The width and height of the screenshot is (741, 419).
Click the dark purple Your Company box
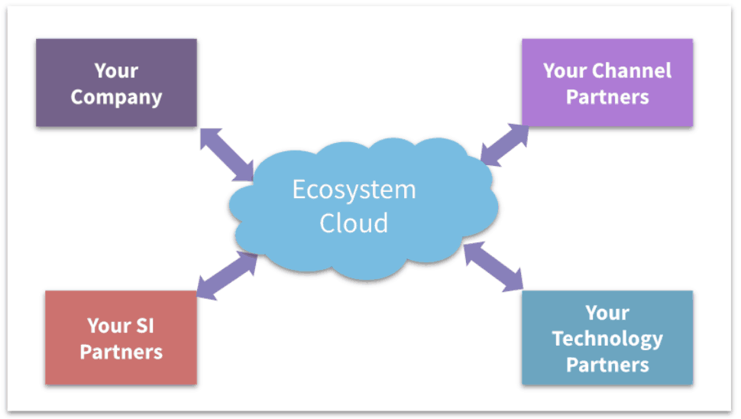point(116,83)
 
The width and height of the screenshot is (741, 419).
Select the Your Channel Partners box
point(607,83)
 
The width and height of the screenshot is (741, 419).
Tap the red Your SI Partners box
point(121,337)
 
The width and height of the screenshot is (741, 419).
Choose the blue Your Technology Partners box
point(607,337)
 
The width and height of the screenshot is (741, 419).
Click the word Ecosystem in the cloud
point(354,190)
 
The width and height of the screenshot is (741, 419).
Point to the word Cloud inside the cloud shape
point(354,223)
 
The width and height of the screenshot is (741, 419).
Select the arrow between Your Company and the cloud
point(227,155)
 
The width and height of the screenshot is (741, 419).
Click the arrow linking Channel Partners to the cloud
point(505,145)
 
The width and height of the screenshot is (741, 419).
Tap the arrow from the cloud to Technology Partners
point(493,267)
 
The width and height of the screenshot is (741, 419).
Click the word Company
point(116,98)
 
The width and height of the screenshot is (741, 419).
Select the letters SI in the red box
point(145,326)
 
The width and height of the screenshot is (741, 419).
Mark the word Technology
point(607,338)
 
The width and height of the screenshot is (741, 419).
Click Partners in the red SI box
point(121,352)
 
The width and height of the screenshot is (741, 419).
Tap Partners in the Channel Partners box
point(607,98)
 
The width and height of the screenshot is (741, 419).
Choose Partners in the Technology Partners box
point(607,364)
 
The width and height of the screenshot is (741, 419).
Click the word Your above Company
point(116,71)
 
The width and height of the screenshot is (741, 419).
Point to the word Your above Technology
point(607,313)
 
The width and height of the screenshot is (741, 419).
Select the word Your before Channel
point(565,71)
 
